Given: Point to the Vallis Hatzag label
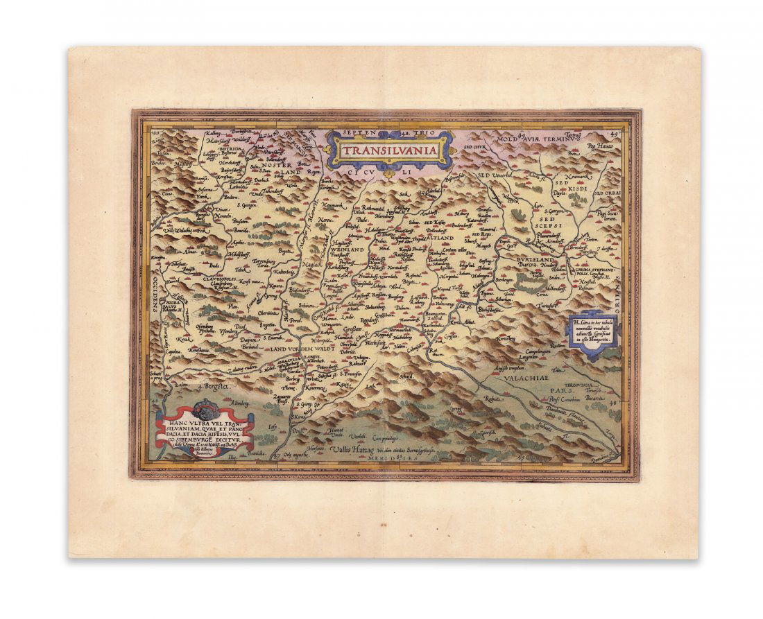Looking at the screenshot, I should coord(345,450).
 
